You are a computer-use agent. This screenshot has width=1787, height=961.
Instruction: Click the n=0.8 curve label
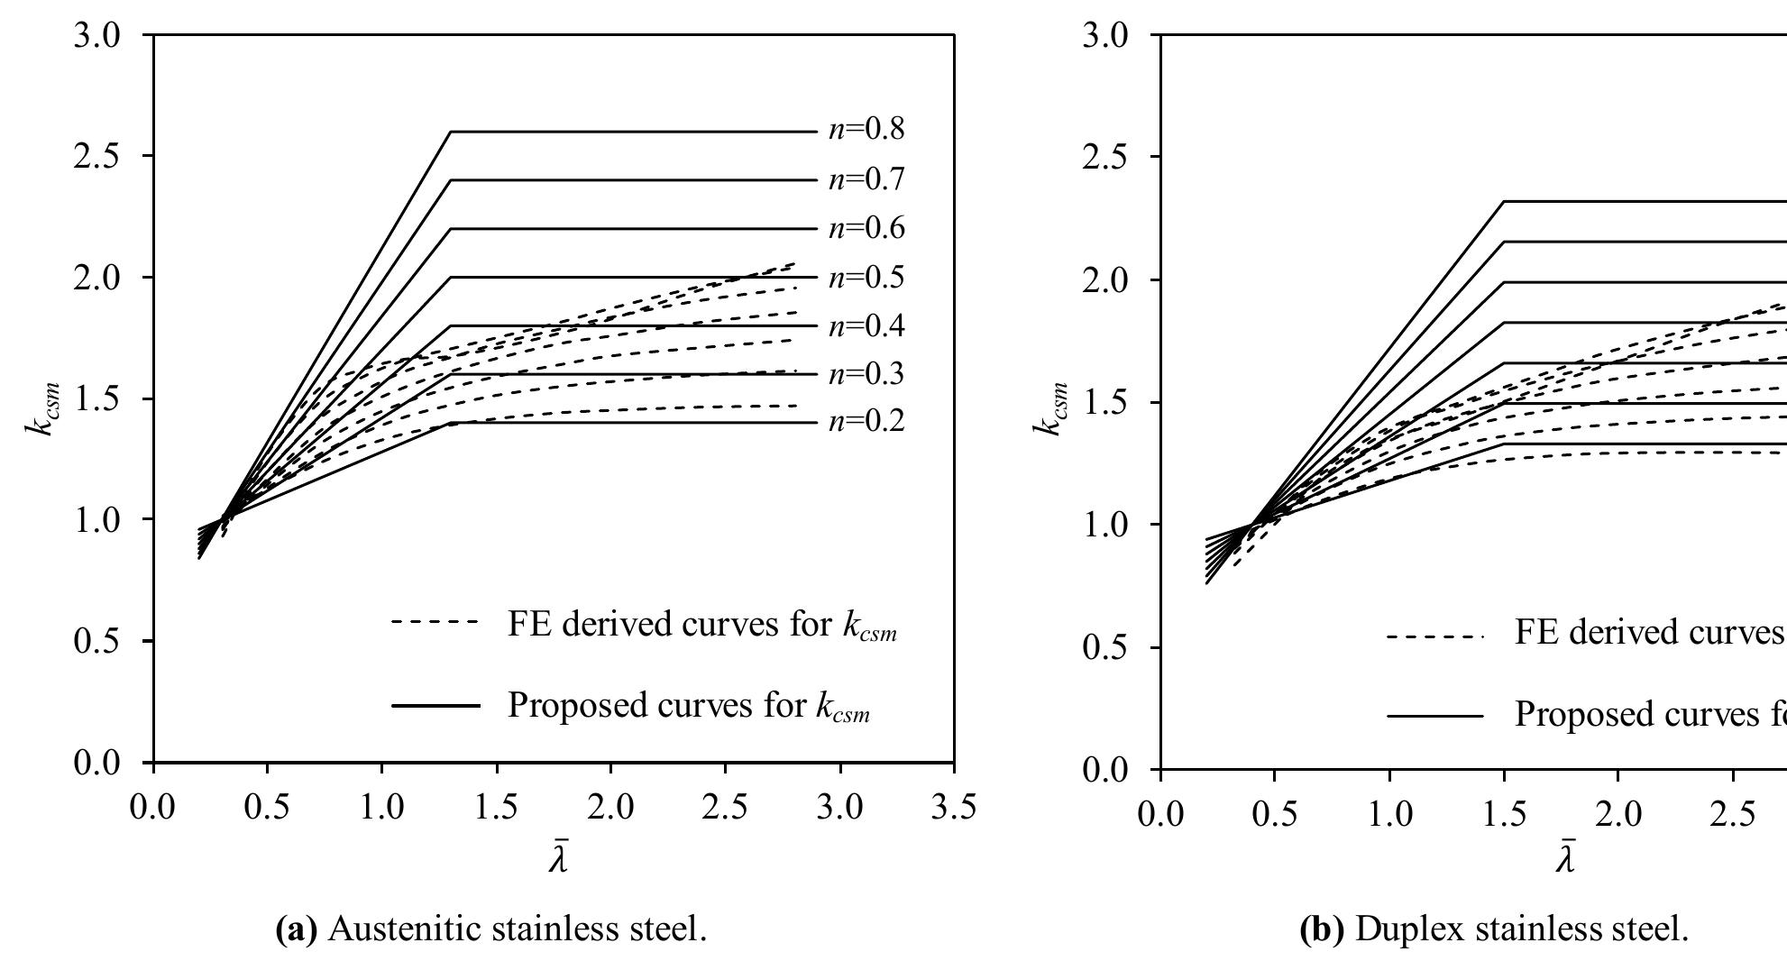866,130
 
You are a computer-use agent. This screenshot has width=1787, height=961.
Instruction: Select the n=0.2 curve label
866,421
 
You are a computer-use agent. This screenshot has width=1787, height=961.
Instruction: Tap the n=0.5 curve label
866,276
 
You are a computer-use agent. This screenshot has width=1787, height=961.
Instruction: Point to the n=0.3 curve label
866,373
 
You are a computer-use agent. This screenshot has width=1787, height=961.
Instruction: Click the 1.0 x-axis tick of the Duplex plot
1389,814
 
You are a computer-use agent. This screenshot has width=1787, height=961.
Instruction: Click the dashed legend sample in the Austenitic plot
435,622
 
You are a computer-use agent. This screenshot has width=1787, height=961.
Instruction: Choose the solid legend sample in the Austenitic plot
435,705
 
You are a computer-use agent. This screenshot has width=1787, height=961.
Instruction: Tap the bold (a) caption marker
296,929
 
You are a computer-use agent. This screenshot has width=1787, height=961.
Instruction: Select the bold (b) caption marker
1323,929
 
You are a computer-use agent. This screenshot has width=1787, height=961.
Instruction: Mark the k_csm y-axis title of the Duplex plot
1049,422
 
